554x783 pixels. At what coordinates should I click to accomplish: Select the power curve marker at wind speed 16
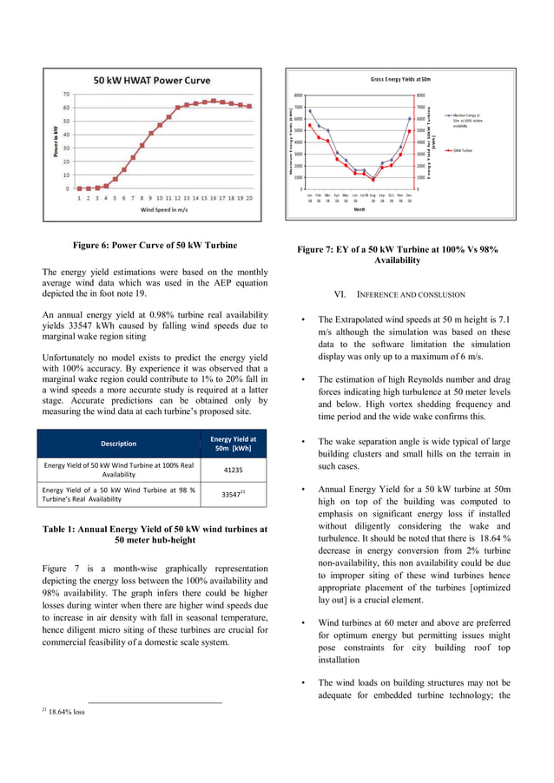click(x=214, y=101)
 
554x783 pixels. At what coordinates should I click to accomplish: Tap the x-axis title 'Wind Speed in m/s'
click(x=165, y=209)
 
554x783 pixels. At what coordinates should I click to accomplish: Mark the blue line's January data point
click(x=310, y=110)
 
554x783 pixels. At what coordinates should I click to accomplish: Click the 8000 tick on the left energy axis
click(x=297, y=95)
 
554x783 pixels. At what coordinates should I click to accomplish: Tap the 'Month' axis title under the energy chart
click(x=359, y=208)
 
